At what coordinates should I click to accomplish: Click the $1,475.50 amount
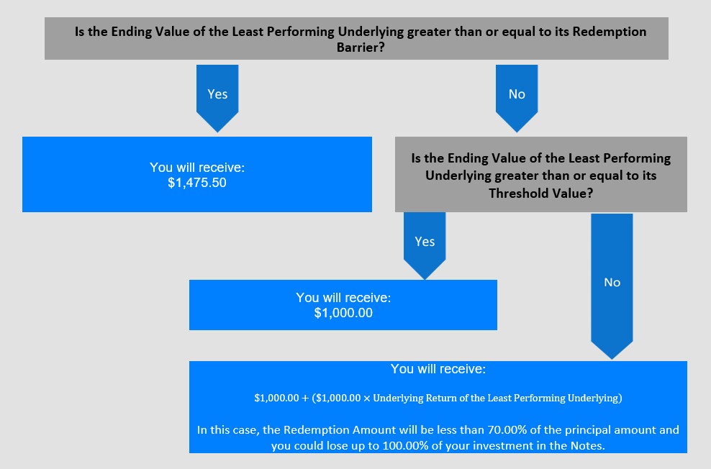click(x=196, y=183)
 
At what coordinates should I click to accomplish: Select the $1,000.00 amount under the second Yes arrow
click(x=343, y=313)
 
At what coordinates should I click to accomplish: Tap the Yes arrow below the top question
click(x=217, y=99)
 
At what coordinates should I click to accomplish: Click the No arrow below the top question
click(x=517, y=99)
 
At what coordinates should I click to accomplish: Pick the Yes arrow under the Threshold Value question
click(x=425, y=246)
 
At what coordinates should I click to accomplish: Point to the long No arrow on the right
click(x=612, y=286)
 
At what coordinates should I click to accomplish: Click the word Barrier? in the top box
click(x=361, y=47)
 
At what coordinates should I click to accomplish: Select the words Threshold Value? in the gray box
click(x=540, y=193)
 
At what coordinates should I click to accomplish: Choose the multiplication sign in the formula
click(x=366, y=399)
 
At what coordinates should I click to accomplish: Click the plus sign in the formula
click(x=304, y=399)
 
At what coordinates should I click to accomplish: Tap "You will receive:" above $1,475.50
click(x=196, y=167)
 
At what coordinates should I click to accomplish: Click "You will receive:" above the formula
click(x=438, y=369)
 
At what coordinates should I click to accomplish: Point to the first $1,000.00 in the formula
click(x=276, y=399)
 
